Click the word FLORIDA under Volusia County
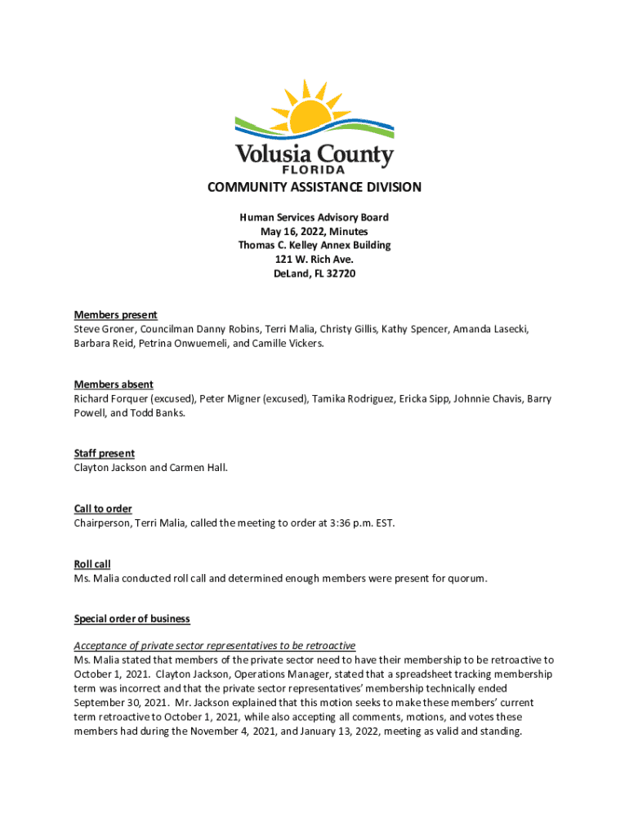click(x=314, y=169)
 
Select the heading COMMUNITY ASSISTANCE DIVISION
click(x=314, y=187)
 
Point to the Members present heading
click(x=115, y=315)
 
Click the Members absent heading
click(x=114, y=385)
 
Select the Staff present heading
click(x=105, y=453)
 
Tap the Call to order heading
click(x=103, y=509)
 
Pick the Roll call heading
click(x=92, y=564)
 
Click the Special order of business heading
click(x=132, y=619)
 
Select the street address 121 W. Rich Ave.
click(x=314, y=260)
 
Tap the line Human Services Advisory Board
click(x=314, y=217)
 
